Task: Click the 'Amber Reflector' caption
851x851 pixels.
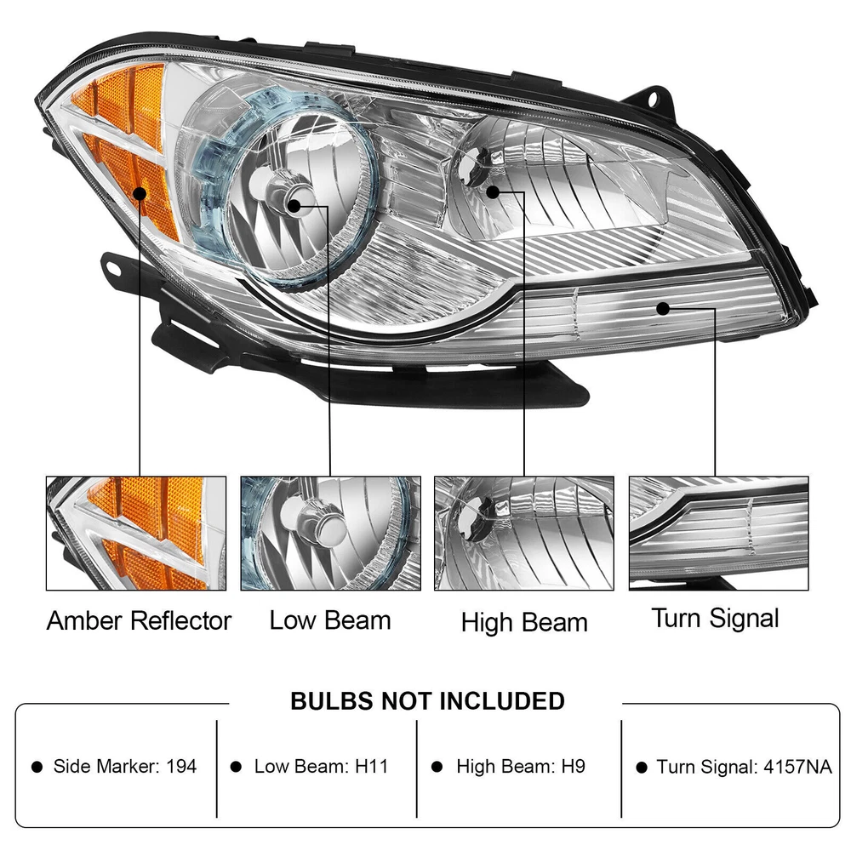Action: (139, 621)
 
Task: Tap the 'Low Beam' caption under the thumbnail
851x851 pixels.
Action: (330, 620)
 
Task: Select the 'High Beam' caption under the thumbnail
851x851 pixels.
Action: (524, 623)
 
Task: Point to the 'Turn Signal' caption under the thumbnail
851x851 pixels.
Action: (716, 619)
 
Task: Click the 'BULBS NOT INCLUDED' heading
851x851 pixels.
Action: (428, 701)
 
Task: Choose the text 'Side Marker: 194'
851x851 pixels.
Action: (125, 767)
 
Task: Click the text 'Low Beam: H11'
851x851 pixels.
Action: (322, 767)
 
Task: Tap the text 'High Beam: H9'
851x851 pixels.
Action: (521, 767)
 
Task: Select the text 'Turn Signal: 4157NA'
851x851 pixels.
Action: (744, 767)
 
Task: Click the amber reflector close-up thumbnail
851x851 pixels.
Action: (136, 534)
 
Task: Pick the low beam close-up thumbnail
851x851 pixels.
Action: (330, 534)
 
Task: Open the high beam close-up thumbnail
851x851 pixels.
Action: (524, 534)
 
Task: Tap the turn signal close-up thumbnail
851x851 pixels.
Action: (718, 534)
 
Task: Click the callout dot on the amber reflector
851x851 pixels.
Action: (140, 193)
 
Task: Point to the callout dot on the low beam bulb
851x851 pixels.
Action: (294, 206)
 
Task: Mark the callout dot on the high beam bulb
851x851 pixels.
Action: (493, 192)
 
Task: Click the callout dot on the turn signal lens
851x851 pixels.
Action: (663, 309)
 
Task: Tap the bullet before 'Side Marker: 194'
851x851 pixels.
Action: (37, 767)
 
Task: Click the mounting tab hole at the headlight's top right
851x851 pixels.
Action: (653, 99)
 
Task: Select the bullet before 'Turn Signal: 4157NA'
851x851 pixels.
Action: (642, 768)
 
